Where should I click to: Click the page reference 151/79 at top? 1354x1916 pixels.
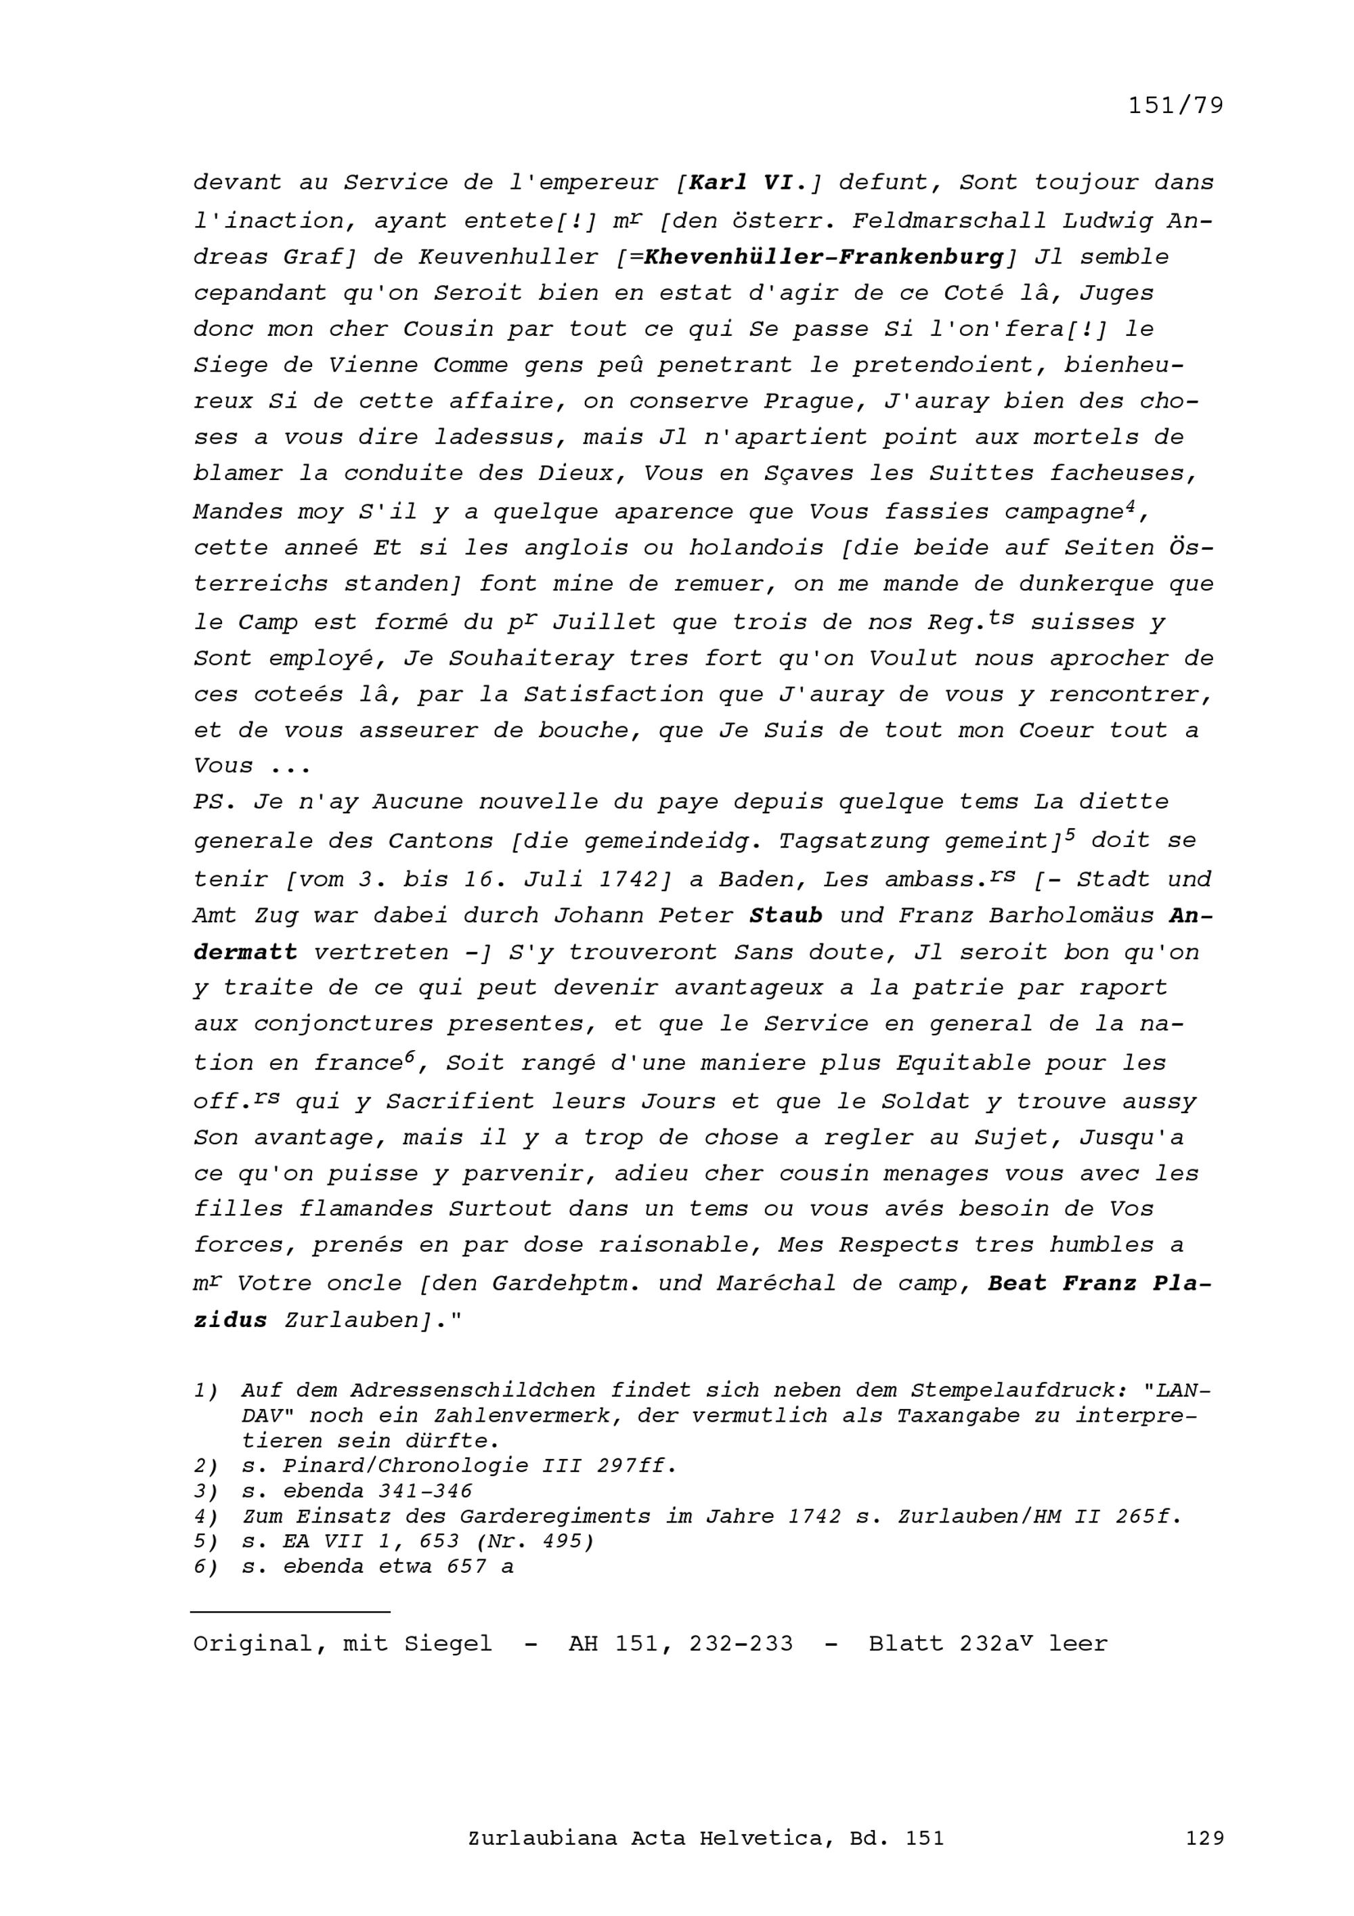tap(1175, 106)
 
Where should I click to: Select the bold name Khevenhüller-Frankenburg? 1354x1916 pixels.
tap(823, 257)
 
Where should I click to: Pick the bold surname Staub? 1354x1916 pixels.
tap(786, 915)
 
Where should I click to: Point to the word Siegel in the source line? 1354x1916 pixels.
tap(448, 1644)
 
